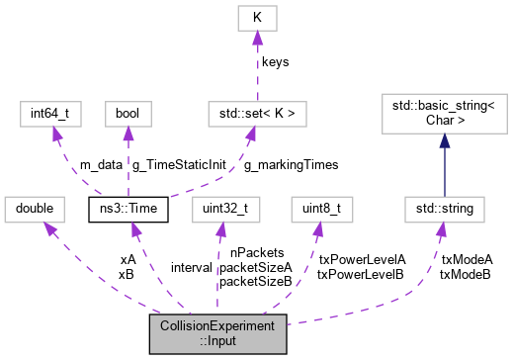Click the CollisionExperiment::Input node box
pyautogui.click(x=218, y=334)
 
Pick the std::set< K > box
pyautogui.click(x=255, y=113)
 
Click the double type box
pyautogui.click(x=33, y=209)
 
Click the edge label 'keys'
pyautogui.click(x=275, y=62)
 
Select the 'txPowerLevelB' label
pyautogui.click(x=361, y=274)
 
